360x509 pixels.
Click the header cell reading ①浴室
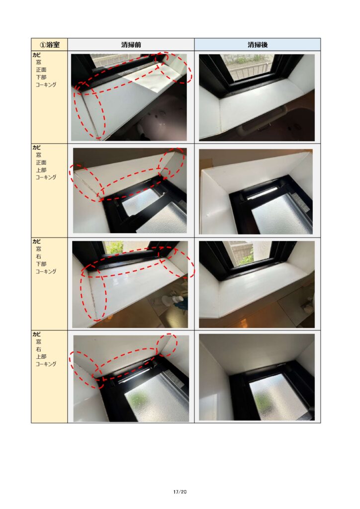pyautogui.click(x=49, y=44)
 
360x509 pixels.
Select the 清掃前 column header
pyautogui.click(x=131, y=44)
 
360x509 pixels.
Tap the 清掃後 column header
pyautogui.click(x=258, y=44)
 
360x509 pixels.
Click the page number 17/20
pyautogui.click(x=180, y=492)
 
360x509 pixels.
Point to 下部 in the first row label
pyautogui.click(x=41, y=77)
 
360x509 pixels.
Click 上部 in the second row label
pyautogui.click(x=41, y=170)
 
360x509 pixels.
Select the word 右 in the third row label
pyautogui.click(x=39, y=256)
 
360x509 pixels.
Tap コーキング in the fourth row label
pyautogui.click(x=46, y=364)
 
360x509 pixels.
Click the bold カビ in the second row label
pyautogui.click(x=36, y=148)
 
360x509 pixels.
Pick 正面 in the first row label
pyautogui.click(x=41, y=70)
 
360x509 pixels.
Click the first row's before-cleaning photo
pyautogui.click(x=129, y=97)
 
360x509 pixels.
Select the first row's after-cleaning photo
pyautogui.click(x=257, y=97)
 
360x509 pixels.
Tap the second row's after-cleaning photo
pyautogui.click(x=256, y=191)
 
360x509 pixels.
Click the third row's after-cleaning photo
pyautogui.click(x=257, y=284)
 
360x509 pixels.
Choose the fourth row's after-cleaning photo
pyautogui.click(x=257, y=377)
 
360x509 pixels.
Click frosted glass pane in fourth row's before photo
pyautogui.click(x=156, y=399)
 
